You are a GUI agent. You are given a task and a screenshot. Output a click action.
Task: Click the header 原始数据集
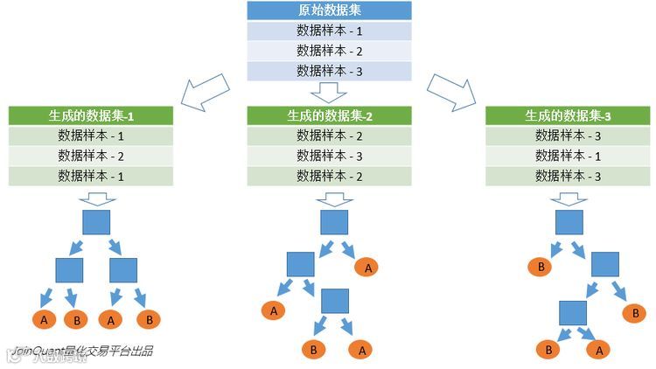tap(329, 11)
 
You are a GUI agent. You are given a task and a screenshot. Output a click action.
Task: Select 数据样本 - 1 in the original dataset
tap(329, 31)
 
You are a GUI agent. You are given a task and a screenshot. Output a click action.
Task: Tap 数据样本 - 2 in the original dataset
tap(329, 52)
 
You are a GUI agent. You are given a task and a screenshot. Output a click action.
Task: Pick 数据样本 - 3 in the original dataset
tap(329, 72)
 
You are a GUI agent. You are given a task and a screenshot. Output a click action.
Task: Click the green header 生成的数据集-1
tap(91, 115)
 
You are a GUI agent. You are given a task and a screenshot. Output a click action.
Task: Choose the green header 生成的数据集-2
tap(329, 115)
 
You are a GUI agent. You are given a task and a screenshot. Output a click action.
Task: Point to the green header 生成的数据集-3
tap(568, 115)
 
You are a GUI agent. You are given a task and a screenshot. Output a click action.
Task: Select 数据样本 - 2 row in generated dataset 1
tap(91, 156)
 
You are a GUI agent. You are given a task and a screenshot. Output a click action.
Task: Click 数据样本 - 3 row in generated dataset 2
tap(329, 156)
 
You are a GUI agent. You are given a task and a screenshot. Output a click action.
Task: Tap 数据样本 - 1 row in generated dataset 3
tap(568, 156)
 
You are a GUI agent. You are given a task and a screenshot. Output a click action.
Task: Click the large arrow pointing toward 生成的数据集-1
tap(205, 91)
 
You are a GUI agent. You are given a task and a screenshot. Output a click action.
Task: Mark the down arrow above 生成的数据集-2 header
tap(330, 92)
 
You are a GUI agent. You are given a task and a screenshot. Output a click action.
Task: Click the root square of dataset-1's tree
tap(96, 222)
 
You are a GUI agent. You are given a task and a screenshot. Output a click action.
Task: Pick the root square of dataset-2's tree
tap(334, 222)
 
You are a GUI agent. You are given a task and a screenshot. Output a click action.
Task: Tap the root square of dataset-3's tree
tap(569, 222)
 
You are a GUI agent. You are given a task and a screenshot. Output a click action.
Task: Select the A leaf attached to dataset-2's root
tap(367, 267)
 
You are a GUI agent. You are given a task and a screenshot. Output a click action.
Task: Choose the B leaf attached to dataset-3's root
tap(541, 267)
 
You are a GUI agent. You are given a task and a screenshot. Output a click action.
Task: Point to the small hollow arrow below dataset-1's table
tap(96, 198)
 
